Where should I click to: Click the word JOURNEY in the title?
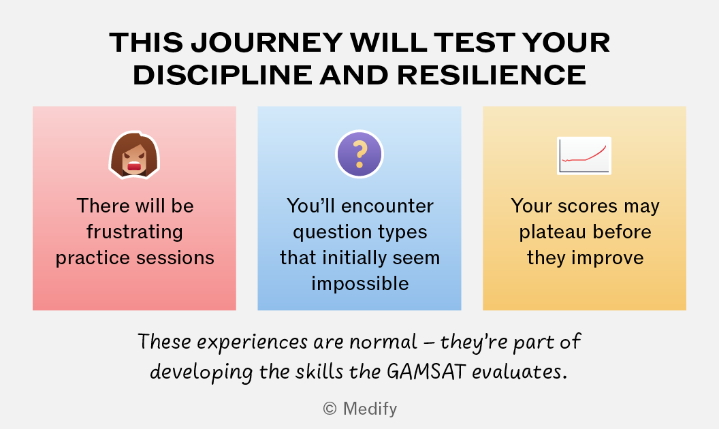266,43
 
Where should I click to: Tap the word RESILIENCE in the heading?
491,76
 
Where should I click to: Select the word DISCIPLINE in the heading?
223,76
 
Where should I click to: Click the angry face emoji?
134,155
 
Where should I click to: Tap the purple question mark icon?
359,154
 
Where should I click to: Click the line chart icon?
584,155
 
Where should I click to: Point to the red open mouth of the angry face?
134,166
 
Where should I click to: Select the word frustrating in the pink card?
135,232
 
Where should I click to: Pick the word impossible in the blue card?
360,284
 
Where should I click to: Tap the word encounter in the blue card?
387,206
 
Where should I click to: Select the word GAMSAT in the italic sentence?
426,371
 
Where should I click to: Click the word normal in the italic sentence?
383,343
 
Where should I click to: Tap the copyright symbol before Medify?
330,409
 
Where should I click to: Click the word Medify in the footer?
370,409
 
